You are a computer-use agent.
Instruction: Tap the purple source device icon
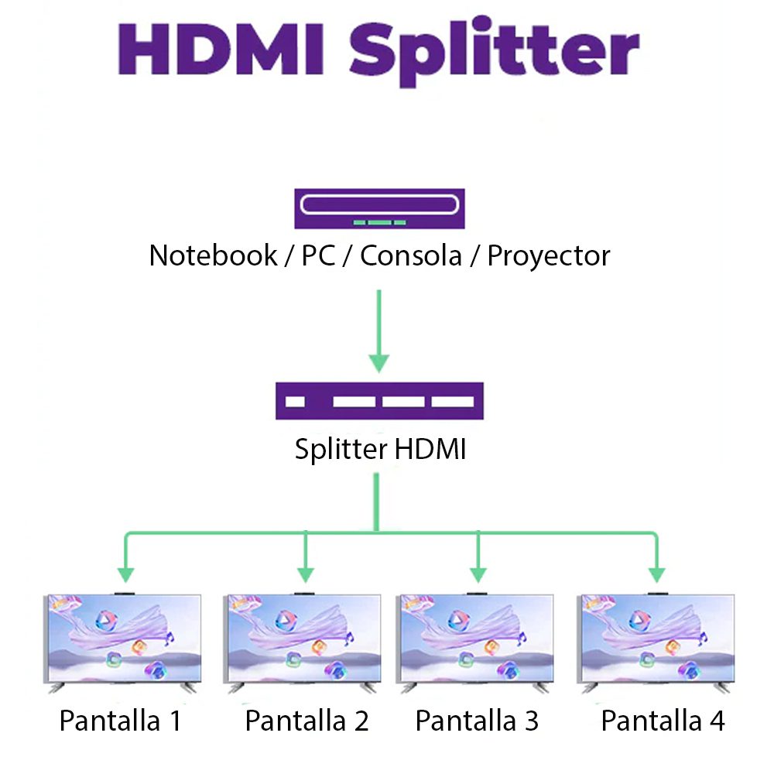point(379,208)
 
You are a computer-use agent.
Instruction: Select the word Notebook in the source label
point(213,255)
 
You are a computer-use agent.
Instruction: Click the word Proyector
point(548,256)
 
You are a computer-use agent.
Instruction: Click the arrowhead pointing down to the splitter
point(378,361)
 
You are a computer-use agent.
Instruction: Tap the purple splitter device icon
point(379,401)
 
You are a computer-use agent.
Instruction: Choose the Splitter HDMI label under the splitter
point(380,449)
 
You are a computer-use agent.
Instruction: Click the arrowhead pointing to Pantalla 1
point(125,575)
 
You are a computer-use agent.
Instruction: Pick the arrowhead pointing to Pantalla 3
point(478,575)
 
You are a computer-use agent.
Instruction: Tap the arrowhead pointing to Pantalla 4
point(656,575)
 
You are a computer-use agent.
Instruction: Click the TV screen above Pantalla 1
point(125,639)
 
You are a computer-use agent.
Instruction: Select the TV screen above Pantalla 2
point(303,639)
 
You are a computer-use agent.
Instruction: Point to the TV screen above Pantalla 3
point(475,639)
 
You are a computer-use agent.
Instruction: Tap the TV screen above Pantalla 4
point(656,639)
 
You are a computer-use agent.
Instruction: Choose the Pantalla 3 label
point(476,721)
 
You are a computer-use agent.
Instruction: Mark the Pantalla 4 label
point(663,721)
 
